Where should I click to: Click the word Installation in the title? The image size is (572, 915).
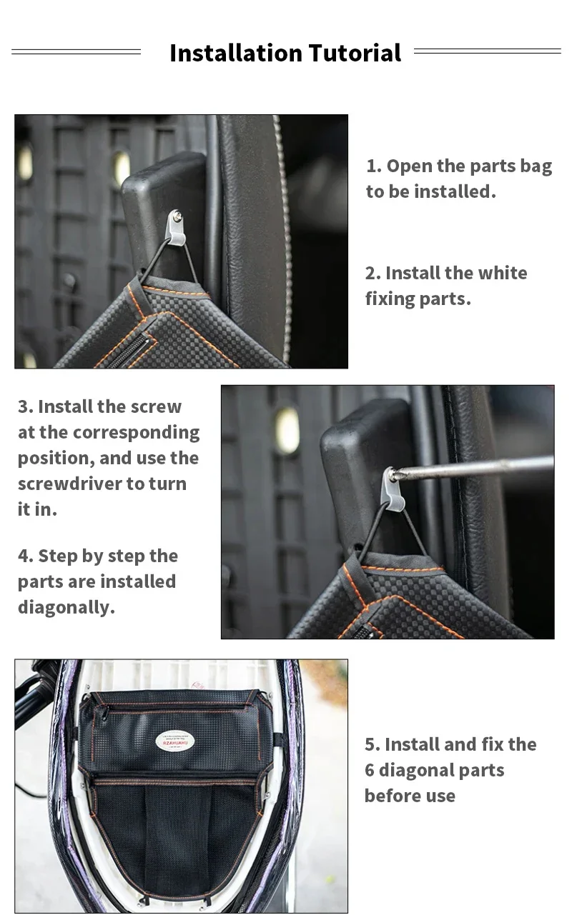(236, 53)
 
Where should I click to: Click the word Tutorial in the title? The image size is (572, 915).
(355, 53)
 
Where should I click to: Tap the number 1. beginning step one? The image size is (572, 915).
(374, 166)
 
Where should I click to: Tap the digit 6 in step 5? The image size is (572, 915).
(369, 770)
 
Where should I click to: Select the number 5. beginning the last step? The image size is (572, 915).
(373, 744)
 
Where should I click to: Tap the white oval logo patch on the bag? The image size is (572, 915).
(175, 741)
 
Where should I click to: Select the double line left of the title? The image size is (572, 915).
(76, 51)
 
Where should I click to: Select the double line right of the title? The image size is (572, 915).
(488, 51)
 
